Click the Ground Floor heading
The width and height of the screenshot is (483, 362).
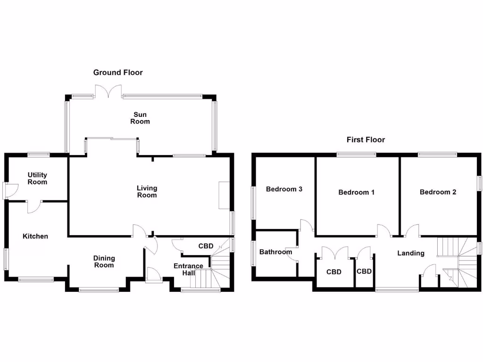(x=118, y=73)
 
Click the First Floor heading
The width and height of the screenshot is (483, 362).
(x=366, y=140)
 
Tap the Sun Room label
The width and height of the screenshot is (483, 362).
(x=141, y=118)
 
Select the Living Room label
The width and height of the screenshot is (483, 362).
(x=147, y=191)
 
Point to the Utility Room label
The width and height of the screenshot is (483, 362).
(x=37, y=178)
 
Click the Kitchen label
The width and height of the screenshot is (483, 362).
(x=35, y=236)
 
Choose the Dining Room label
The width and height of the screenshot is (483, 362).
(x=104, y=262)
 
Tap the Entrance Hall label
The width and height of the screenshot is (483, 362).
(x=188, y=269)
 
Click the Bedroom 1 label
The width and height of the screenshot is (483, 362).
(x=357, y=192)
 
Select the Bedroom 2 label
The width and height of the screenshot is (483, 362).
(x=438, y=192)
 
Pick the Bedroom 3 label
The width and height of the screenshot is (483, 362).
(x=284, y=189)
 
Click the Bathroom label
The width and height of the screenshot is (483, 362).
(x=276, y=252)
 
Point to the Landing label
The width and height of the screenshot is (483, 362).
(x=410, y=253)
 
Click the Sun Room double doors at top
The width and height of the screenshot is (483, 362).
(x=109, y=92)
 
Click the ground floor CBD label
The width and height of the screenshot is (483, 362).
(x=206, y=246)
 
